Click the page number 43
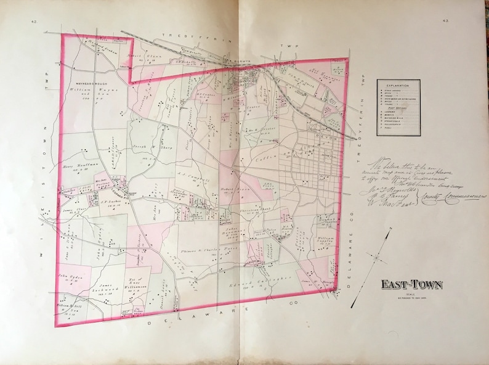tap(445, 22)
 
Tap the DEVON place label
tap(310, 122)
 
